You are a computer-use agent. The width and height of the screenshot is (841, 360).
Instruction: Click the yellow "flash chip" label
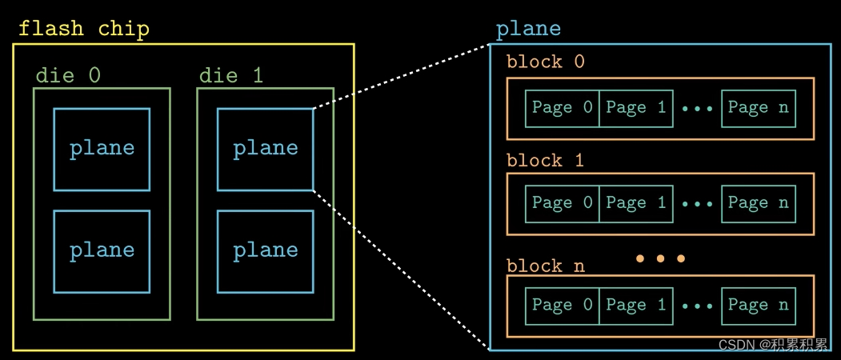point(84,29)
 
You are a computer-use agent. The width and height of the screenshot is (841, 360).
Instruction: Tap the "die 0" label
point(68,76)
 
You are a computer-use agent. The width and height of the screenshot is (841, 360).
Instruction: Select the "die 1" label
point(232,76)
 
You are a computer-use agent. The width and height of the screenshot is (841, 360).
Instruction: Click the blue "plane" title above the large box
point(528,29)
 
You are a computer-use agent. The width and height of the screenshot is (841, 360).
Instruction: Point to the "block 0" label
point(546,62)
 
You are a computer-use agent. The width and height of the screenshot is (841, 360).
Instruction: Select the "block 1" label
point(546,161)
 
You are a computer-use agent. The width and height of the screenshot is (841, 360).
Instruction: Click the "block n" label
point(546,266)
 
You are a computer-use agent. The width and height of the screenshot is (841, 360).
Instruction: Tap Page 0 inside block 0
point(562,108)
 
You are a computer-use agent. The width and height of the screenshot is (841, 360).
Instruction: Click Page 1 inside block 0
point(636,108)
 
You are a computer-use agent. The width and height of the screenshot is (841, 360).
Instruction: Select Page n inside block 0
point(759,108)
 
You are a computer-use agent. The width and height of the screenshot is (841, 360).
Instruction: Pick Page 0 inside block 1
point(562,203)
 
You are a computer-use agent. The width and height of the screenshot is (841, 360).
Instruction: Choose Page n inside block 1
point(759,203)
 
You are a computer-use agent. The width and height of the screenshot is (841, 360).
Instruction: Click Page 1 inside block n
point(636,306)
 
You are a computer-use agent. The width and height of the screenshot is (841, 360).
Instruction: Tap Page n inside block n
point(759,306)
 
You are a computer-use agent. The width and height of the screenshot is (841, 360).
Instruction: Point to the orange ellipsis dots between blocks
point(660,258)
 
